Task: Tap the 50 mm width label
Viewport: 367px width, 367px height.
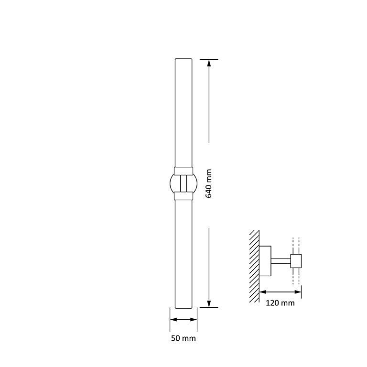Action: [183, 338]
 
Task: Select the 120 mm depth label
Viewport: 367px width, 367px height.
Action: [281, 303]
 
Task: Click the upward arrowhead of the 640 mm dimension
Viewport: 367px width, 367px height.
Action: [209, 63]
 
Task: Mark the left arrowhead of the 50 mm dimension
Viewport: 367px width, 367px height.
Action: [173, 320]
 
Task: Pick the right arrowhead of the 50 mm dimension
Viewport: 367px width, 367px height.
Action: [194, 320]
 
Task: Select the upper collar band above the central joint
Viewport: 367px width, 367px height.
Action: [183, 171]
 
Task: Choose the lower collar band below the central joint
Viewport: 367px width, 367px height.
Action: [183, 195]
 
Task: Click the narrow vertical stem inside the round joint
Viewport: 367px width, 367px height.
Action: [183, 183]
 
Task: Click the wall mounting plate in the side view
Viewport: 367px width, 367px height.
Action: [265, 261]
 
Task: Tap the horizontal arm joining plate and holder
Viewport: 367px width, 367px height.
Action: [281, 261]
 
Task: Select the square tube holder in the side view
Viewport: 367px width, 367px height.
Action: [296, 261]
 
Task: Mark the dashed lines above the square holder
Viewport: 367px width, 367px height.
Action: [296, 245]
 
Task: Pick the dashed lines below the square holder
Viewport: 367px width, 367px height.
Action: [296, 276]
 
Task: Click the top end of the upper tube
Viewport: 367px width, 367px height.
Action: [183, 60]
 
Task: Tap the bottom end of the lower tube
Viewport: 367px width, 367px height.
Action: [183, 307]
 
